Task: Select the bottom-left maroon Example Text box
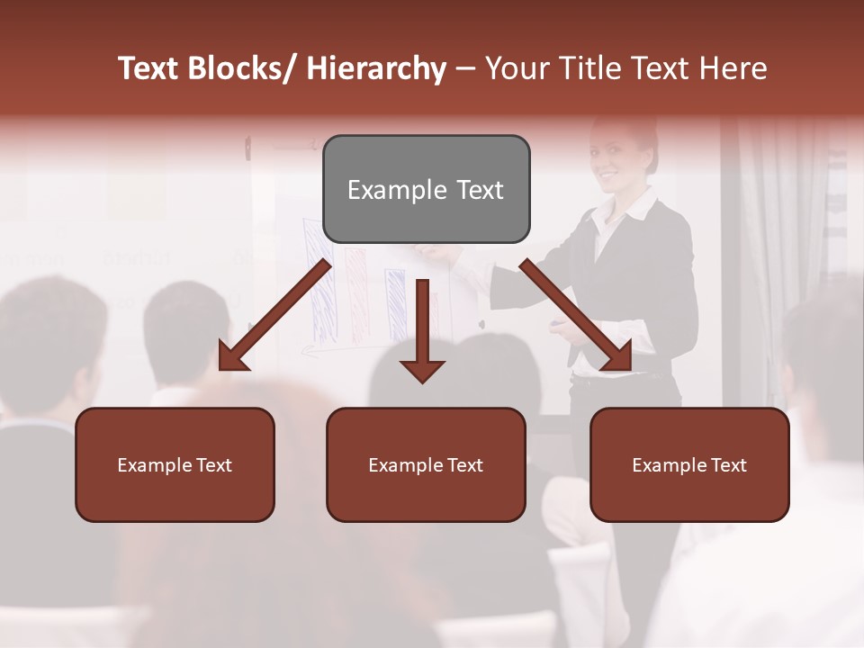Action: (x=175, y=464)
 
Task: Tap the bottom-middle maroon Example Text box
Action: (x=426, y=464)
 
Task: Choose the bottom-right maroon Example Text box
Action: (x=689, y=464)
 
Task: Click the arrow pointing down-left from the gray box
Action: (x=274, y=315)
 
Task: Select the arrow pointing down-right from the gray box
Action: (x=576, y=315)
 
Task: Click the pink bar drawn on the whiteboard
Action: (x=356, y=292)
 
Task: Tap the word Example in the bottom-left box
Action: (x=152, y=465)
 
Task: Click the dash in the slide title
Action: (x=465, y=68)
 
